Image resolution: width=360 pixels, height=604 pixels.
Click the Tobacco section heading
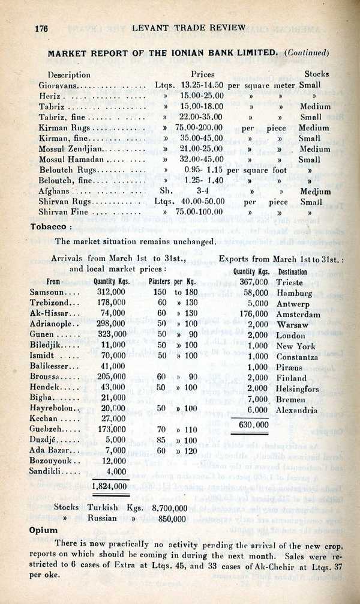(51, 227)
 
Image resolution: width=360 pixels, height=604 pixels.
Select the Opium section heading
(44, 531)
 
